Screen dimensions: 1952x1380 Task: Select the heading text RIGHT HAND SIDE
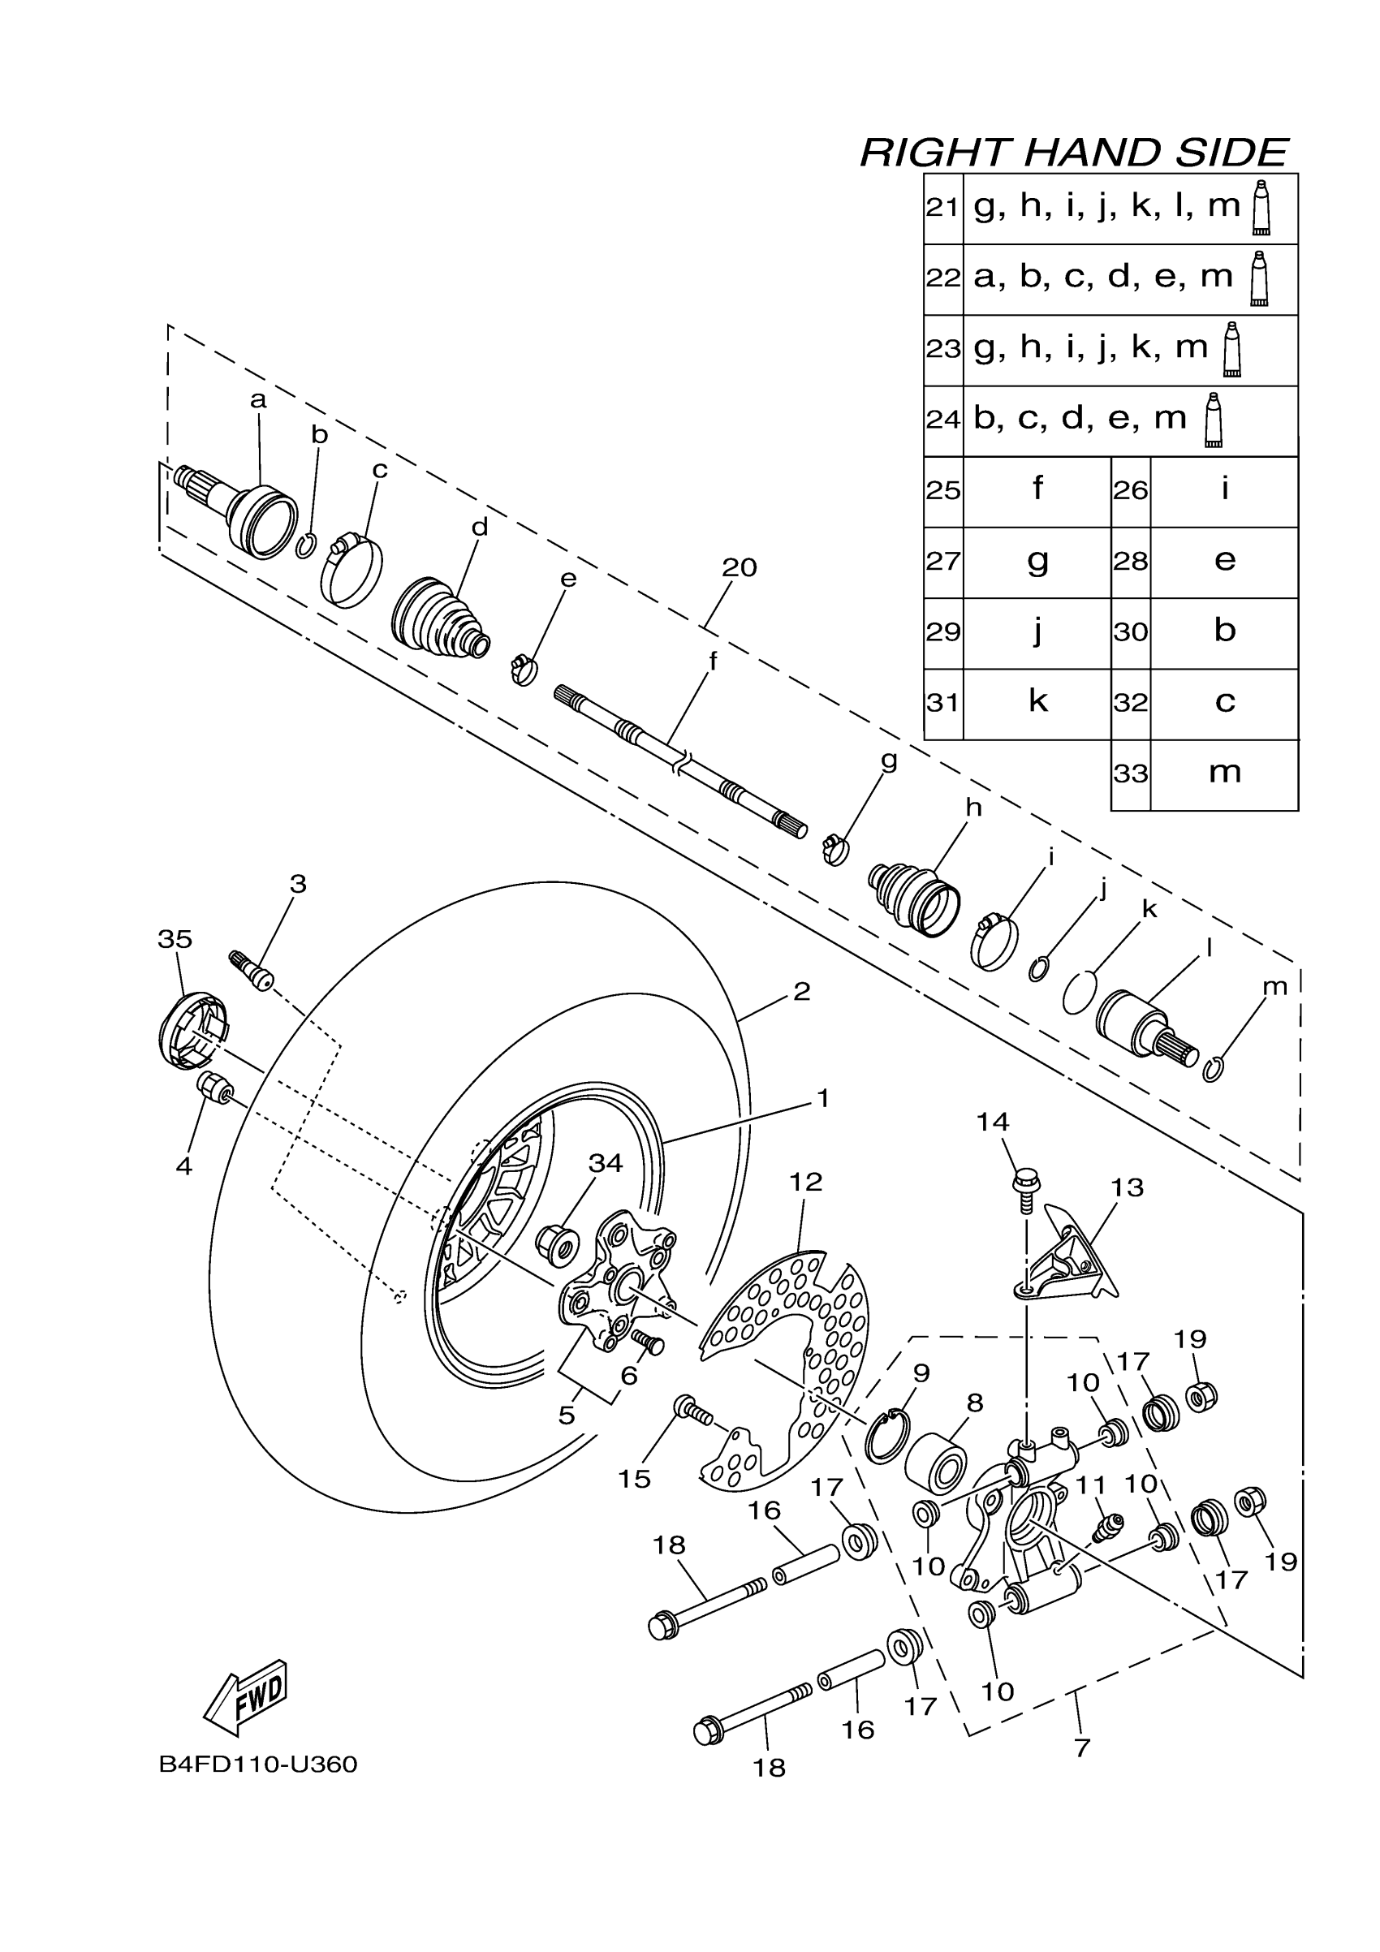[1074, 153]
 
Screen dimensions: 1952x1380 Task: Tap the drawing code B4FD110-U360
[258, 1765]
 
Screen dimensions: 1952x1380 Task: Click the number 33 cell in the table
[1130, 773]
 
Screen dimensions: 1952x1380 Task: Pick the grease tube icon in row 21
[1261, 208]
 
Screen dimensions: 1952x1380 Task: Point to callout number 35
[175, 938]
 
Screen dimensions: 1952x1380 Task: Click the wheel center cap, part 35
[193, 1031]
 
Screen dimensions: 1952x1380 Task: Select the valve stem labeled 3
[252, 970]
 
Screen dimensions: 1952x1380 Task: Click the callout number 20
[739, 567]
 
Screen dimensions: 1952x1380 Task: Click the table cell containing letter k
[1037, 702]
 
